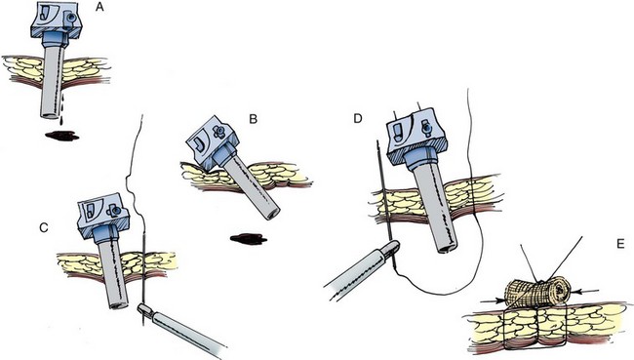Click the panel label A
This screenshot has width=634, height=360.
tap(99, 7)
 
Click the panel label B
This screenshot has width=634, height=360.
tap(254, 119)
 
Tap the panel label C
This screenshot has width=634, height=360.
tap(44, 227)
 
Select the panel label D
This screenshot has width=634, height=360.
tap(358, 119)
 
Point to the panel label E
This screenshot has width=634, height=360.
tap(620, 244)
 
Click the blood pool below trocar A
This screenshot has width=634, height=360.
tap(61, 136)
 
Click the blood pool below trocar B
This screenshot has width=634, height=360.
tap(249, 239)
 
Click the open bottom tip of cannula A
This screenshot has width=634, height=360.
tap(51, 115)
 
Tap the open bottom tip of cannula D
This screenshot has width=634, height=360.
tap(447, 249)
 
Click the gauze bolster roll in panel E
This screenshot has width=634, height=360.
tap(537, 293)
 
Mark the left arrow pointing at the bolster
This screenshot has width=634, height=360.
tap(493, 300)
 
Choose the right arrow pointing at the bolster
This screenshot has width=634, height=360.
tap(584, 290)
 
